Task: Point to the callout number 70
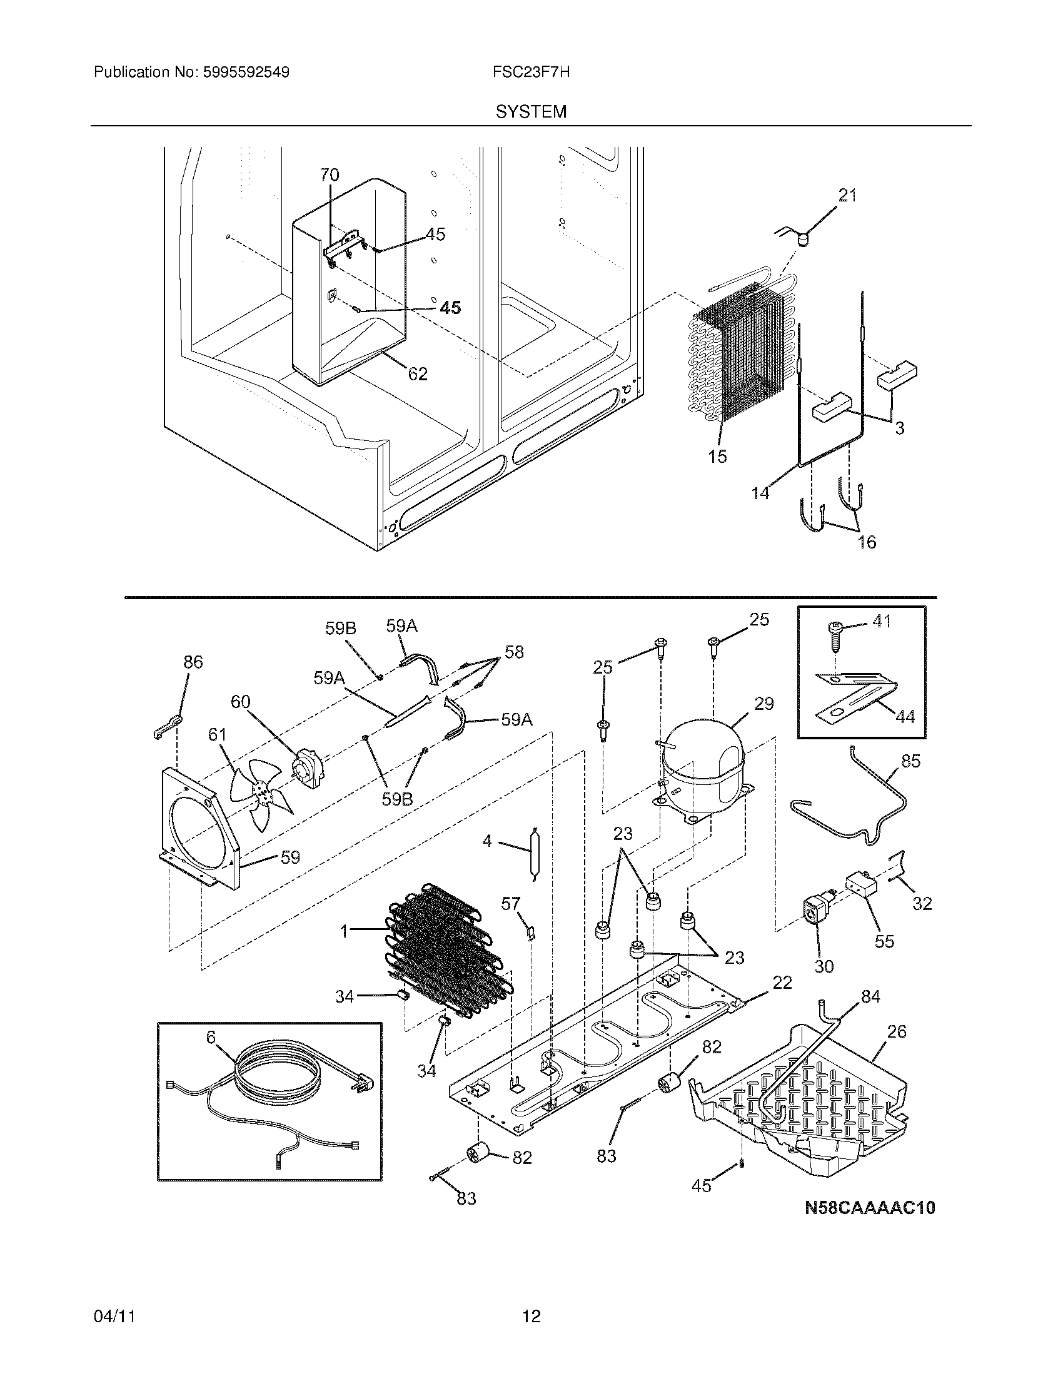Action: click(330, 175)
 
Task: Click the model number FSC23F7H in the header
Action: click(531, 72)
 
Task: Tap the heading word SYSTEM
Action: click(531, 112)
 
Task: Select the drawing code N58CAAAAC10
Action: click(870, 1208)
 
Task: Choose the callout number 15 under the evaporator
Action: click(717, 456)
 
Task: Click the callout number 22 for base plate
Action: click(782, 982)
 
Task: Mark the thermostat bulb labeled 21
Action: click(802, 239)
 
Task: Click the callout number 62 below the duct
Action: click(418, 373)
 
